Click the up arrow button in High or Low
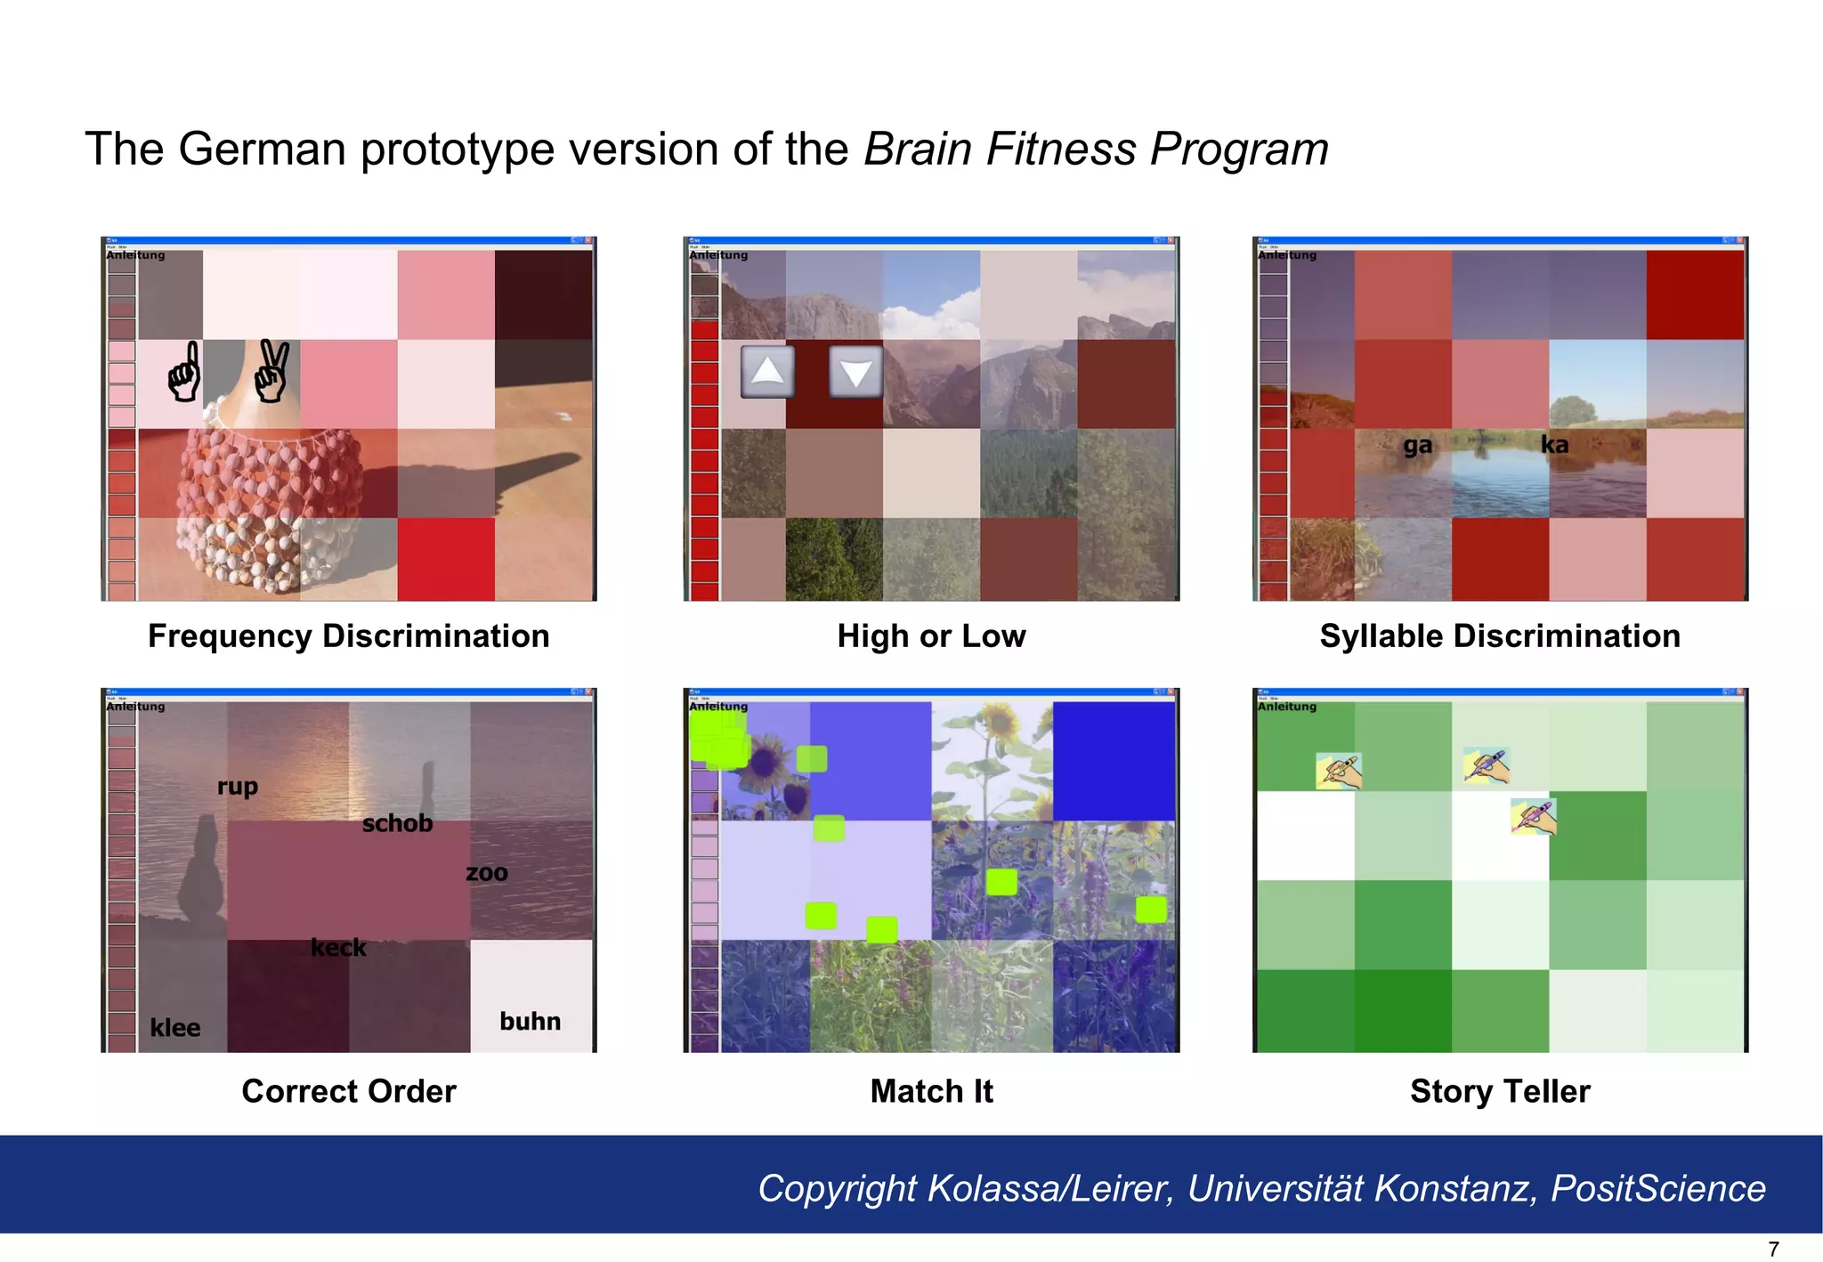pos(766,371)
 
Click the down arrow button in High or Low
pos(855,372)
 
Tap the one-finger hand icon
pos(184,373)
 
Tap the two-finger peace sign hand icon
pos(271,371)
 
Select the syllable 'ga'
pos(1418,445)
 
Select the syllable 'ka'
pos(1554,444)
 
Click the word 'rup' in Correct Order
pos(237,787)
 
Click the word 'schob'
pos(397,823)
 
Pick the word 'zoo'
pos(487,873)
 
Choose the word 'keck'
pos(338,948)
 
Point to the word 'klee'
pos(174,1028)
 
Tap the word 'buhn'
pos(530,1021)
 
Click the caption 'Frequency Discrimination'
pos(348,636)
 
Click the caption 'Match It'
pos(931,1091)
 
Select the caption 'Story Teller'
pos(1500,1091)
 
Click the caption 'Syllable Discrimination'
pos(1500,636)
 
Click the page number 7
pos(1773,1249)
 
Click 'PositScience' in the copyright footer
pos(1657,1189)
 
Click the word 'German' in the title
pos(262,149)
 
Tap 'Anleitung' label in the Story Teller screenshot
pos(1286,707)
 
